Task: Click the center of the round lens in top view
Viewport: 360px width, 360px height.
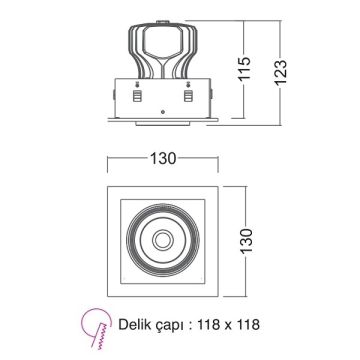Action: pos(162,241)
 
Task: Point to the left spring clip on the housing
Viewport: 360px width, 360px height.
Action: pos(136,97)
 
